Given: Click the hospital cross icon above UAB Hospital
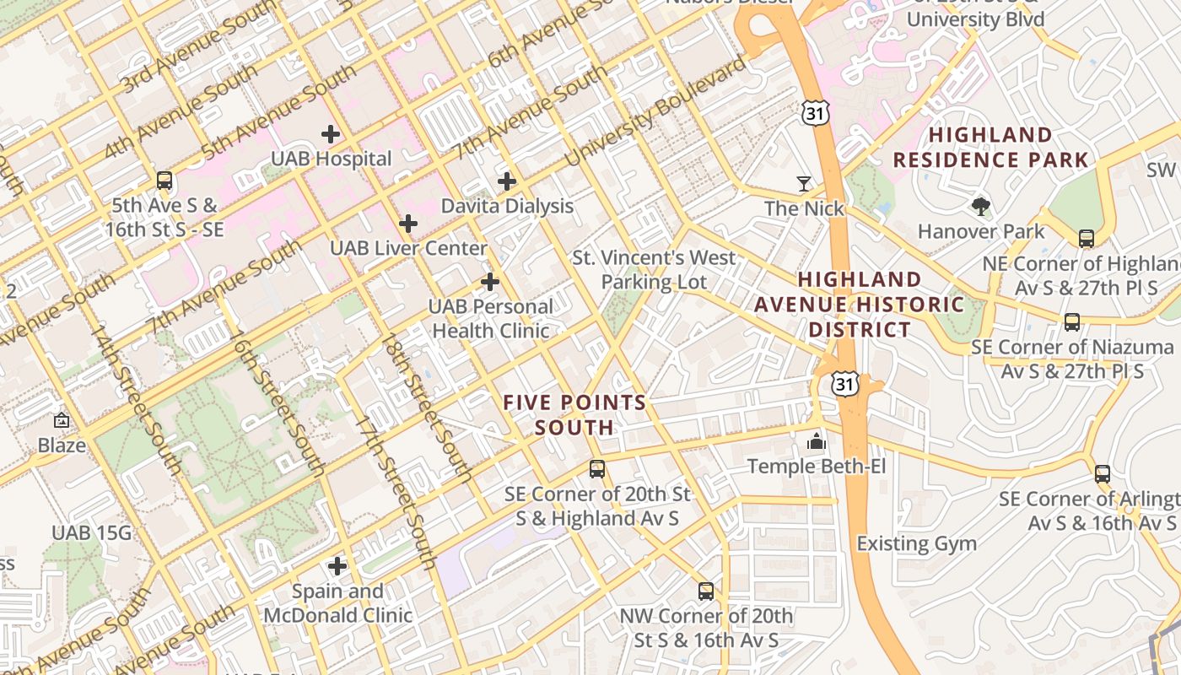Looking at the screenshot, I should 331,133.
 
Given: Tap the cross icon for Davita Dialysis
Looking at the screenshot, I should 506,181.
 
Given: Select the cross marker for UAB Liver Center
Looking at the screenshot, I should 408,224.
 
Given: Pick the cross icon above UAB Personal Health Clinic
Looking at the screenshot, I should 489,282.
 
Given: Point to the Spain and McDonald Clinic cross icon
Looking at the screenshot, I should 337,565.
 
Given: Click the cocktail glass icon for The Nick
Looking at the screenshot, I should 804,183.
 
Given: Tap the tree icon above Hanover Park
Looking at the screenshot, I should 980,206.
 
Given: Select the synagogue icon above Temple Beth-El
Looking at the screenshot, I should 816,440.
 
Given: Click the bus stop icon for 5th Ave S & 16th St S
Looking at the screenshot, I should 164,180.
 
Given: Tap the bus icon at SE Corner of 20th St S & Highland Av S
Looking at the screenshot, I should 597,468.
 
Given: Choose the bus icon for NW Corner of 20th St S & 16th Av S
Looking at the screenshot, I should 706,591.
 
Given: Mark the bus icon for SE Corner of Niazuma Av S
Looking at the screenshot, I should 1071,321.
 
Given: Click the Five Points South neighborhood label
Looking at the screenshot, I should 574,415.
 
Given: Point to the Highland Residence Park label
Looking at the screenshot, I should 990,148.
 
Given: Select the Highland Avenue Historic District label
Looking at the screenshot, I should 860,304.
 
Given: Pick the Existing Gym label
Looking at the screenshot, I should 916,543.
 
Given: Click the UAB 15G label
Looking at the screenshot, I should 92,533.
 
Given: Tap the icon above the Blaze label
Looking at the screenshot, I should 62,420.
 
